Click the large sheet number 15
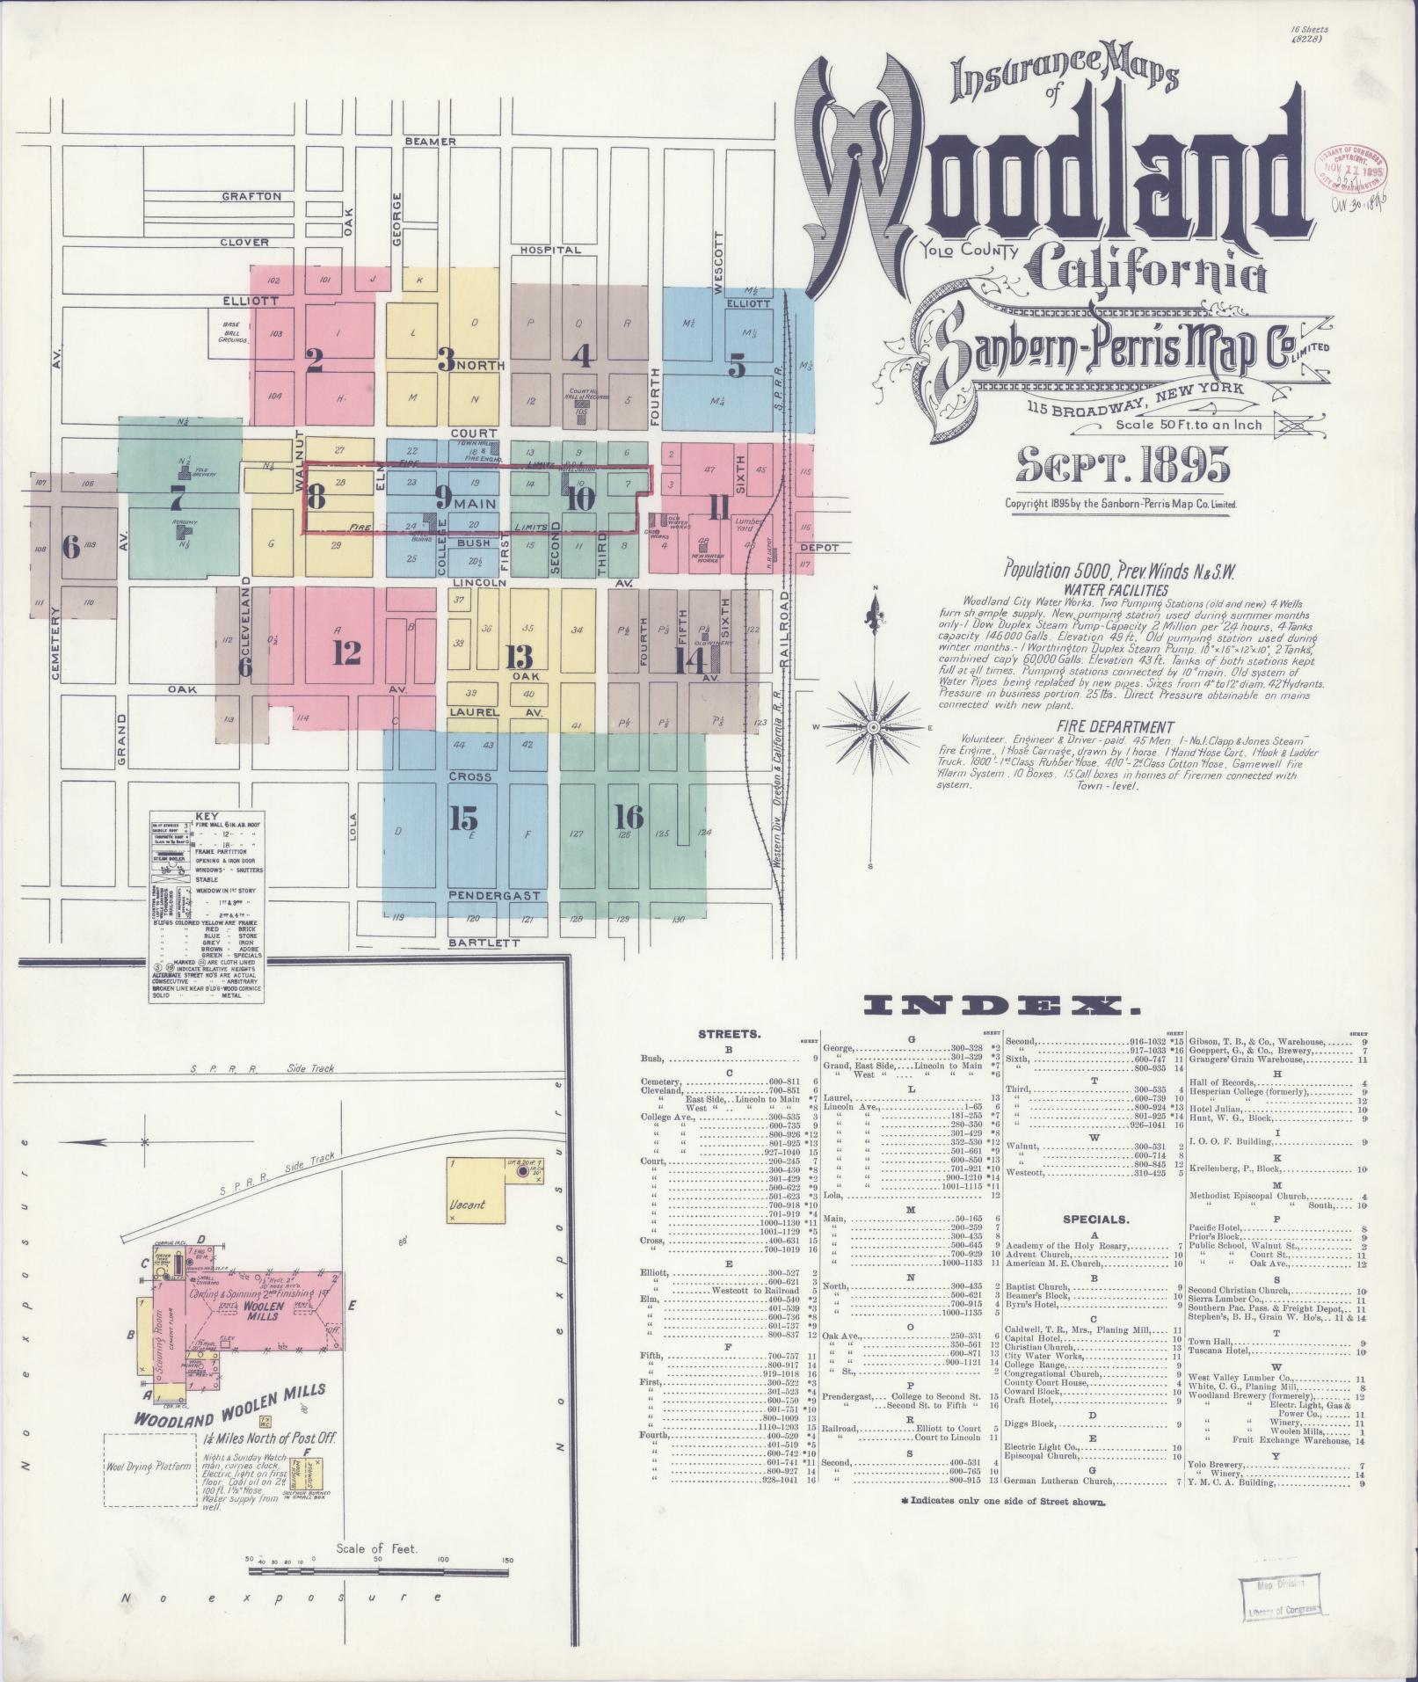[x=462, y=818]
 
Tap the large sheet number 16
[x=629, y=817]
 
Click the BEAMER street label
[x=431, y=142]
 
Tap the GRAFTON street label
[x=251, y=196]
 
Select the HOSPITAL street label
[x=551, y=250]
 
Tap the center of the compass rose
[x=873, y=728]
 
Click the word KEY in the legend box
[x=208, y=815]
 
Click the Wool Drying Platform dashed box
[x=149, y=1467]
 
